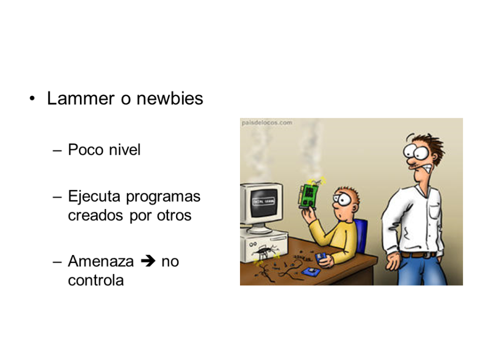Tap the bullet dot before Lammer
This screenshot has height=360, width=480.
tap(33, 99)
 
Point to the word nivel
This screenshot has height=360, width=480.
tap(124, 150)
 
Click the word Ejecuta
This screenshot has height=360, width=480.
tap(94, 197)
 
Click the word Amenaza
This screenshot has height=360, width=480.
tap(101, 261)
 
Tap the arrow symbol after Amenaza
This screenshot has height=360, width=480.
tap(148, 261)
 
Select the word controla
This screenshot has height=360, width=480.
tap(95, 280)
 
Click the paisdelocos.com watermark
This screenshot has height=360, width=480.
tap(267, 122)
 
